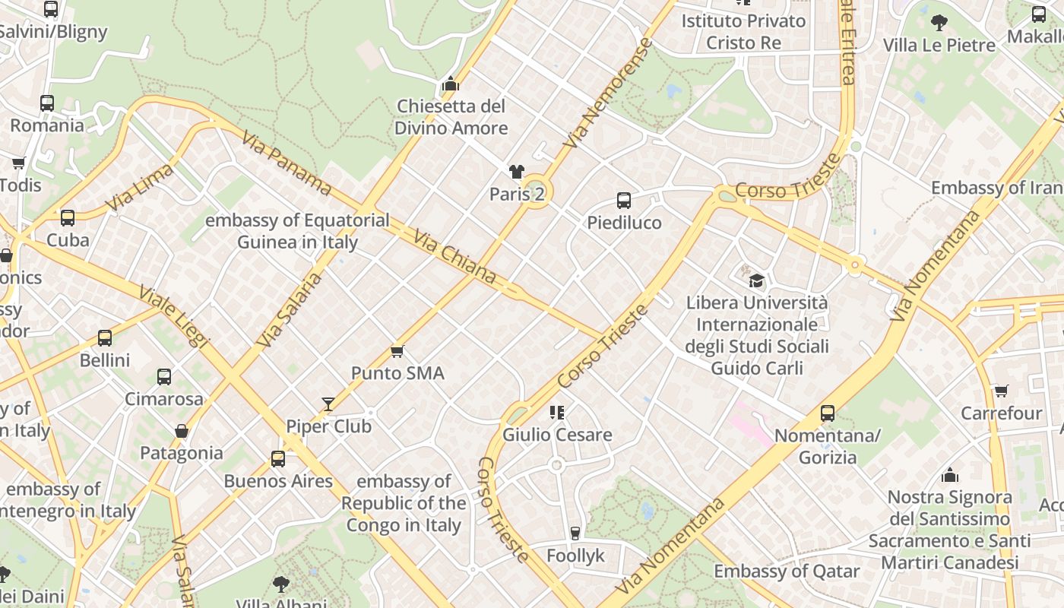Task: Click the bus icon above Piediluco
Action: pyautogui.click(x=623, y=201)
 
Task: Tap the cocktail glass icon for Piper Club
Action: pyautogui.click(x=328, y=404)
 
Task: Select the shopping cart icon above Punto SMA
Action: pyautogui.click(x=397, y=351)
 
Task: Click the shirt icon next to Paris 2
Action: pyautogui.click(x=517, y=172)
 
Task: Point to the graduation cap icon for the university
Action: pyautogui.click(x=756, y=280)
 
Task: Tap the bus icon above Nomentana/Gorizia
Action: pyautogui.click(x=827, y=413)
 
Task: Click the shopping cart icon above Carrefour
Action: pyautogui.click(x=1002, y=391)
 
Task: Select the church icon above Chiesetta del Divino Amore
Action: pyautogui.click(x=451, y=84)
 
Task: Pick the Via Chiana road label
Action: pyautogui.click(x=454, y=258)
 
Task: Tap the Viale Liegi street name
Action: pyautogui.click(x=174, y=316)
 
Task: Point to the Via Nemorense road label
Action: pyautogui.click(x=608, y=93)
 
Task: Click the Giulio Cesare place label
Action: pyautogui.click(x=557, y=435)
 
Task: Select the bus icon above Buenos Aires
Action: pyautogui.click(x=278, y=459)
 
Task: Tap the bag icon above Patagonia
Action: pyautogui.click(x=182, y=432)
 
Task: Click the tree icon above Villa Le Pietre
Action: pyautogui.click(x=939, y=23)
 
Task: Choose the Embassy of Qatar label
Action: pyautogui.click(x=787, y=571)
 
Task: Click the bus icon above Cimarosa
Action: pyautogui.click(x=164, y=377)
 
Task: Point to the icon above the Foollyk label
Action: pyautogui.click(x=575, y=534)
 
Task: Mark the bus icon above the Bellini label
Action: pyautogui.click(x=105, y=338)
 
